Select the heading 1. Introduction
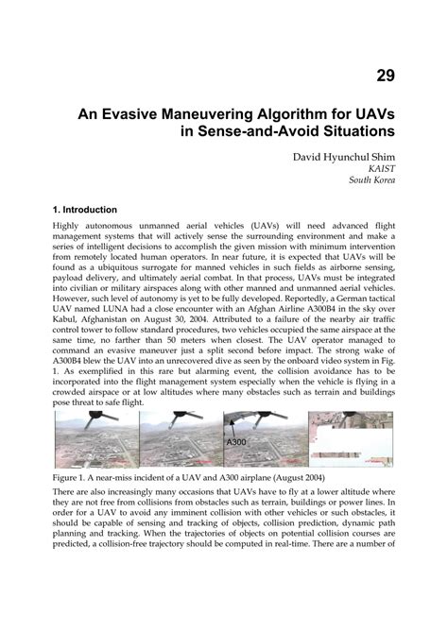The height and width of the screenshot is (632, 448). click(x=85, y=209)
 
